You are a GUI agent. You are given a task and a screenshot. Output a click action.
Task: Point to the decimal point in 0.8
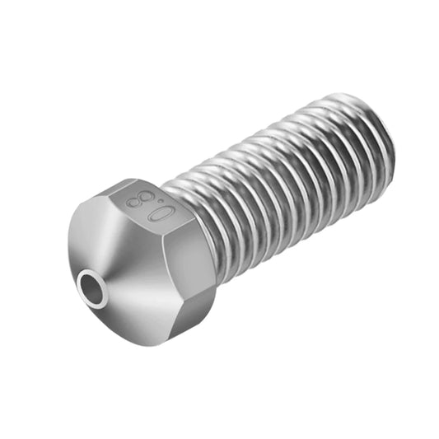point(149,208)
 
